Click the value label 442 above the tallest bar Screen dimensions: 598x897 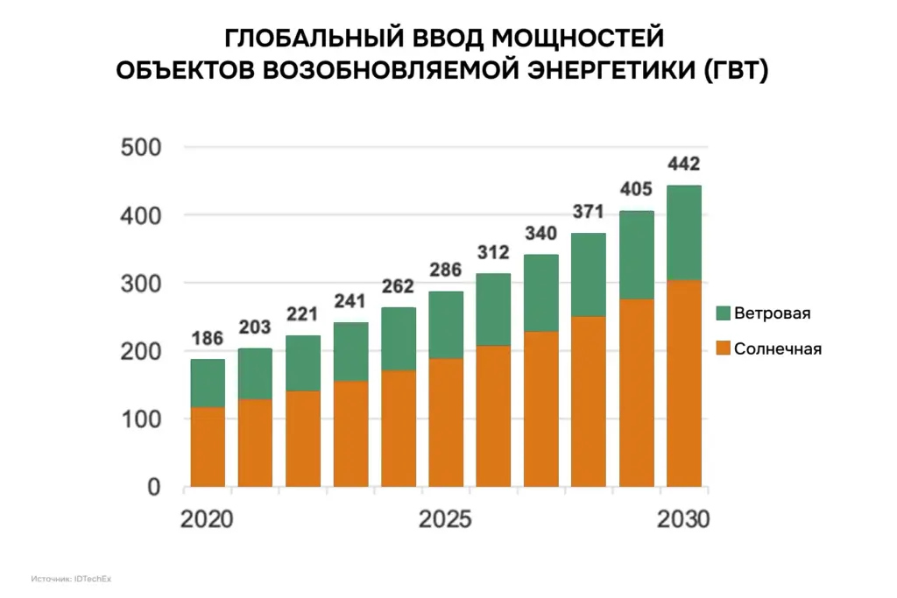click(x=683, y=165)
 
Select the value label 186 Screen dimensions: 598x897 click(x=208, y=338)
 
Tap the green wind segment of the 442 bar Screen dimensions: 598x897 click(x=683, y=232)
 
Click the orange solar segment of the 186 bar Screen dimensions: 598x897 click(x=208, y=447)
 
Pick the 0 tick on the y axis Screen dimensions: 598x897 click(x=152, y=487)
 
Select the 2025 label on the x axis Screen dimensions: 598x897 click(x=445, y=519)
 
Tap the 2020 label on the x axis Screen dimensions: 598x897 click(x=207, y=519)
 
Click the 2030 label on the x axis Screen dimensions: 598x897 click(x=683, y=519)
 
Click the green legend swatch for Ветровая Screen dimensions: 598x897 click(x=723, y=313)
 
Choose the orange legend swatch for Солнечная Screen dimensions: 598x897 click(x=723, y=348)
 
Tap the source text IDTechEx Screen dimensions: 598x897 click(x=93, y=579)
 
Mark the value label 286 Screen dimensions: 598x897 click(x=445, y=270)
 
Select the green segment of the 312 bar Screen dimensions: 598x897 click(x=493, y=309)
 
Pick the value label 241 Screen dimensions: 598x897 click(x=350, y=302)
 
